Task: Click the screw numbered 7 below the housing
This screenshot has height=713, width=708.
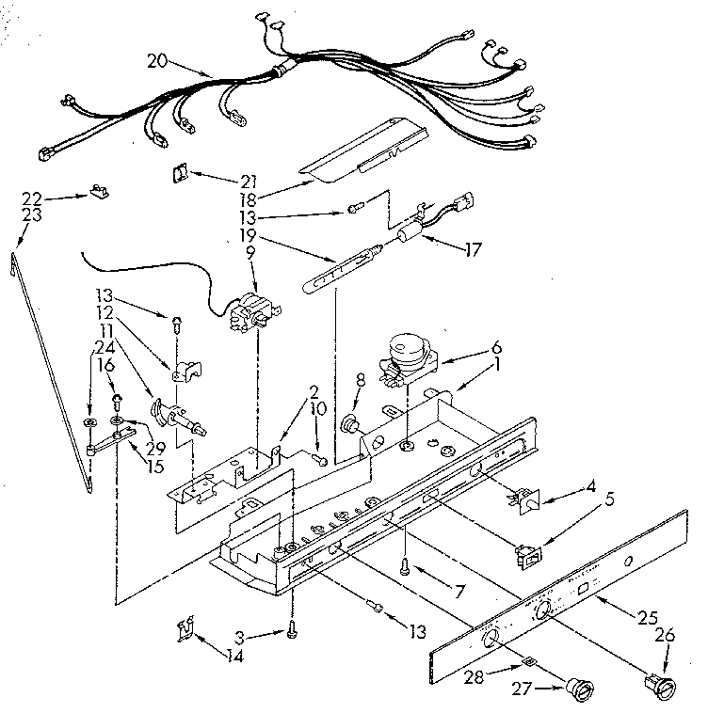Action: (x=406, y=566)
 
